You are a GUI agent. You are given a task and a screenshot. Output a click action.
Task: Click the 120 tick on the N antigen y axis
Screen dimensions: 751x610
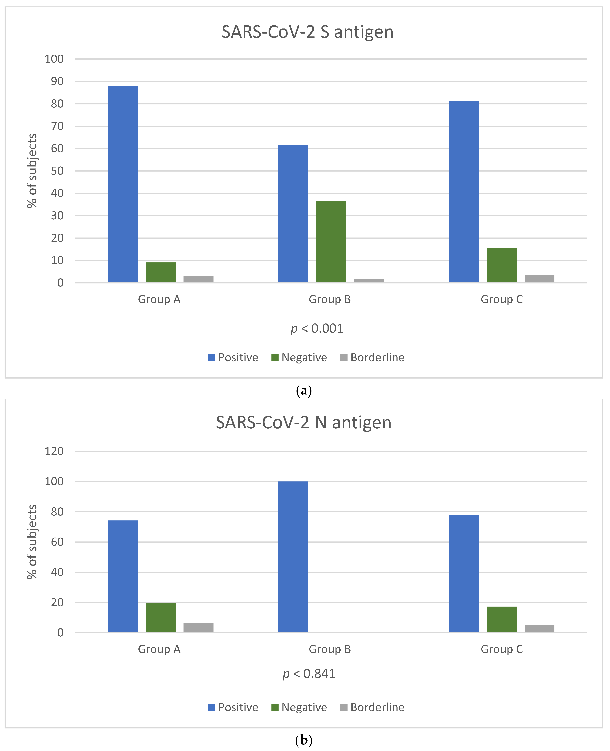pos(54,451)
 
